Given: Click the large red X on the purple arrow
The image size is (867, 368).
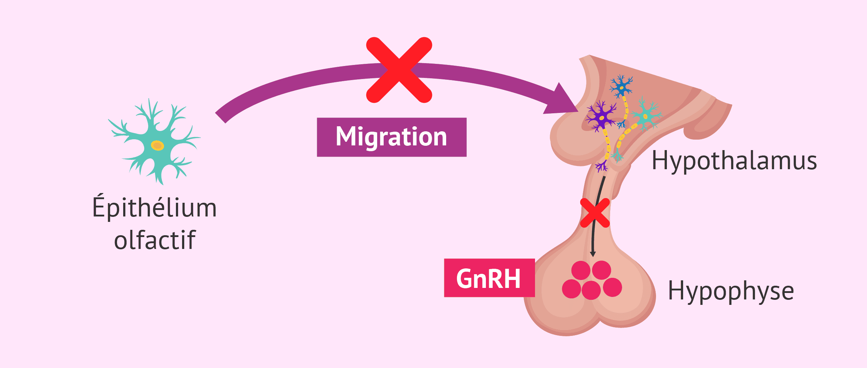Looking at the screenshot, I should pos(399,70).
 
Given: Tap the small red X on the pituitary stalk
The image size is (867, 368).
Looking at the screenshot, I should pos(595,213).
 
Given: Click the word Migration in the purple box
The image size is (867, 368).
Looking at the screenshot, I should pos(391,137).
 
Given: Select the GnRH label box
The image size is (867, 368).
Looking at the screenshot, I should pos(489,278).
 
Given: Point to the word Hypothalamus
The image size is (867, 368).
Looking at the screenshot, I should pos(734,161).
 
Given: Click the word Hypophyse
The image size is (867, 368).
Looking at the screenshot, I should pos(731,291).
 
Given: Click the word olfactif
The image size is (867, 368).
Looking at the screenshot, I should pos(155,240).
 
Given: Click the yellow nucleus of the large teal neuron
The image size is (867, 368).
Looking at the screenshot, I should pos(157,145).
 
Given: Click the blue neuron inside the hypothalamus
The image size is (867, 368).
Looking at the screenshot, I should pos(621,87).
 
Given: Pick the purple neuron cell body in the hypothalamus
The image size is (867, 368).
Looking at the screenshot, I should pos(601,117).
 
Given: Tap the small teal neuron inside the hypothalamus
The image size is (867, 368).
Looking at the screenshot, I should pos(645,116).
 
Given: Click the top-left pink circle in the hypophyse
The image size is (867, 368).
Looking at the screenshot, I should pos(581,270).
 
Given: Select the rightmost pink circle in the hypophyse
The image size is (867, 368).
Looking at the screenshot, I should pos(612,287).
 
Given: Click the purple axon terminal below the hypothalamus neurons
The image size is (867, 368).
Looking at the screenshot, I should pos(601,166).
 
